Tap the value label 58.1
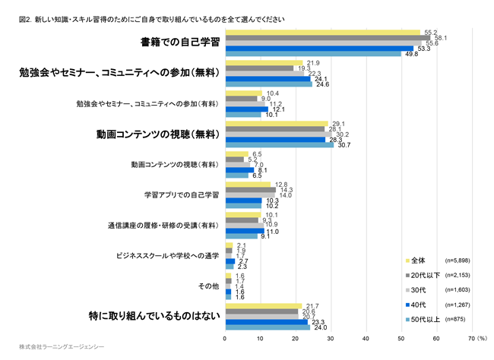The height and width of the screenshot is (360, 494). [x=440, y=37]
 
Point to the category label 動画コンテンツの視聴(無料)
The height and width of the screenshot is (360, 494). [x=158, y=134]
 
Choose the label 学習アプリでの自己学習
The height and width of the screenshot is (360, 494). [x=182, y=195]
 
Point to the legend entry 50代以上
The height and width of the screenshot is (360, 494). [x=427, y=319]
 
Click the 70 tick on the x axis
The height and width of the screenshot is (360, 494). [x=471, y=339]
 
